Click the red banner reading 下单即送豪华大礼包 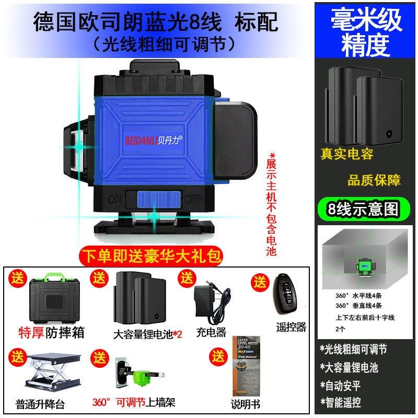(x=152, y=256)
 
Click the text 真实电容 (x=347, y=154)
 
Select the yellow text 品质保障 (x=374, y=180)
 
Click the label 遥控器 (x=291, y=327)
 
